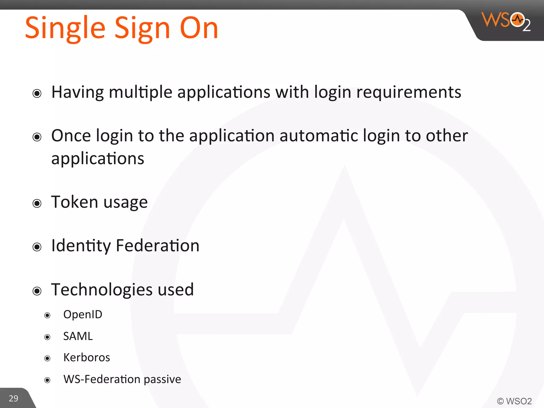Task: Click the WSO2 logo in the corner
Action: [506, 21]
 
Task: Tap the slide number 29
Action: [14, 398]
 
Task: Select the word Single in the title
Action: [65, 28]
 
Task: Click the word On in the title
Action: [199, 28]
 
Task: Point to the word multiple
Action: [141, 92]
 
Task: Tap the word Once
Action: [71, 136]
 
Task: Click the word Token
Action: [75, 202]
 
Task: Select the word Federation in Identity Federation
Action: [158, 245]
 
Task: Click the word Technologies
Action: [102, 290]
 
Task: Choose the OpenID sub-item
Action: [83, 314]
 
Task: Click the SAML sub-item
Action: [78, 336]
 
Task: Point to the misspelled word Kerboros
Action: [87, 358]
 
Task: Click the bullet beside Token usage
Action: [37, 203]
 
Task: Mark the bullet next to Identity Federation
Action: [37, 247]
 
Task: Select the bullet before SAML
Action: [47, 337]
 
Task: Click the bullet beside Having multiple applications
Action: [37, 93]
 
